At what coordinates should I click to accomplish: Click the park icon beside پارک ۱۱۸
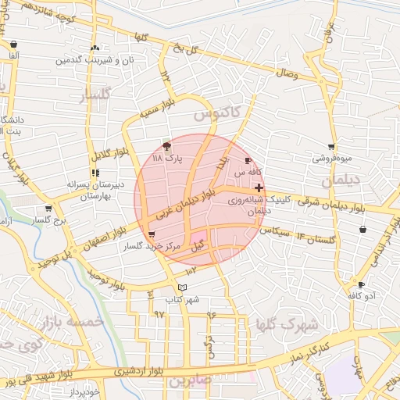166,146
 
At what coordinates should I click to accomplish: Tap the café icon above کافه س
248,160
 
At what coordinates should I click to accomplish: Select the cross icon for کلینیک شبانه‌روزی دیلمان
259,187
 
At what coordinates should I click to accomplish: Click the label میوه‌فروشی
333,158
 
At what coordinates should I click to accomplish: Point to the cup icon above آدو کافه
361,285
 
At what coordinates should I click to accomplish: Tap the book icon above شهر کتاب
182,287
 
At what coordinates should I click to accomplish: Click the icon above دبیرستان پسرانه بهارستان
95,173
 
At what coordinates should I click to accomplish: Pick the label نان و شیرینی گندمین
95,60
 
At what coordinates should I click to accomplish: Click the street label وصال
284,73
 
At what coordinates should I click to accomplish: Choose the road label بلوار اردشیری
137,371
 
